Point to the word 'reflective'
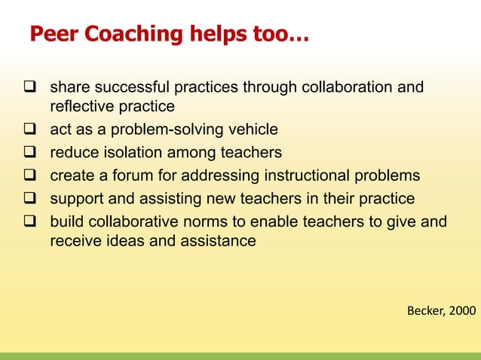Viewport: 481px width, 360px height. click(78, 107)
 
